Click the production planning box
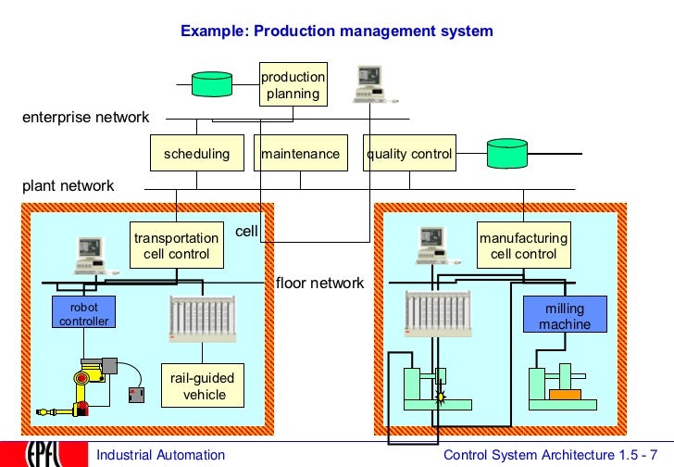(x=293, y=85)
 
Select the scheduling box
(x=197, y=154)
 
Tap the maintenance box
(x=301, y=154)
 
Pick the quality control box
(x=409, y=154)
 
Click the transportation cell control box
(x=177, y=246)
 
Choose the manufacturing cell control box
(x=524, y=246)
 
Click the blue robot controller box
(x=84, y=313)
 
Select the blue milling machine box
(x=565, y=314)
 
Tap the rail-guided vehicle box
(x=203, y=385)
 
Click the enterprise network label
(x=85, y=118)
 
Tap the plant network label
(x=69, y=185)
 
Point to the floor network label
(x=320, y=283)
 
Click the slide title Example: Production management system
(x=337, y=31)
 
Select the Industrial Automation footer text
(x=161, y=454)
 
